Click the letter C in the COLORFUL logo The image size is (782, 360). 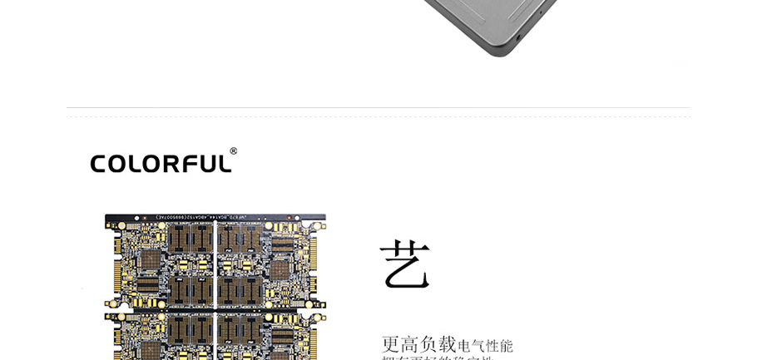pyautogui.click(x=99, y=164)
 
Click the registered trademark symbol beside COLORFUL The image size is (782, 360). pyautogui.click(x=234, y=151)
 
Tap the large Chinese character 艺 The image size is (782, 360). pyautogui.click(x=404, y=264)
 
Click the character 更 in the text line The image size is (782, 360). pyautogui.click(x=391, y=344)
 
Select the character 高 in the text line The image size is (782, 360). pyautogui.click(x=410, y=344)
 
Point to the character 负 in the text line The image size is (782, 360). pyautogui.click(x=429, y=344)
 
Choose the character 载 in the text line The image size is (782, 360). pyautogui.click(x=448, y=344)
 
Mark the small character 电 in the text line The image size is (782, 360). pyautogui.click(x=464, y=346)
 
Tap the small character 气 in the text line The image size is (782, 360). pyautogui.click(x=478, y=346)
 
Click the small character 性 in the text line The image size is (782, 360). pyautogui.click(x=492, y=346)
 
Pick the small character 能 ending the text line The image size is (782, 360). pyautogui.click(x=507, y=346)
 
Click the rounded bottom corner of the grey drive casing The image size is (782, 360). pyautogui.click(x=499, y=52)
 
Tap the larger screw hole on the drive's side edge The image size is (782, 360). pyautogui.click(x=519, y=37)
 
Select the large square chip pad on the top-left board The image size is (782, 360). pyautogui.click(x=150, y=260)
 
